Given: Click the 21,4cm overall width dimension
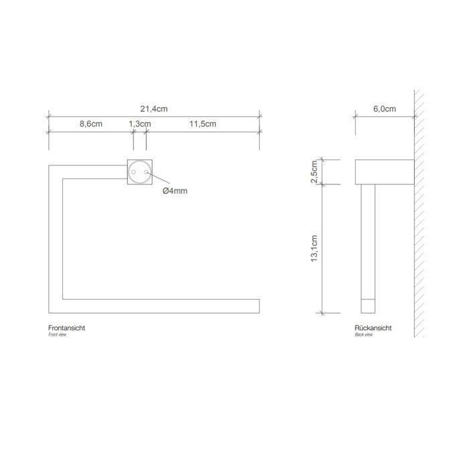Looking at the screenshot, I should [x=153, y=109].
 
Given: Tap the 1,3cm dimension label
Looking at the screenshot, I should [x=140, y=124].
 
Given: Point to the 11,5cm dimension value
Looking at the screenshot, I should [x=202, y=124].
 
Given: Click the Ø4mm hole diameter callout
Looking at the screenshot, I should [x=175, y=191].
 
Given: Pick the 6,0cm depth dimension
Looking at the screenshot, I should [x=385, y=109].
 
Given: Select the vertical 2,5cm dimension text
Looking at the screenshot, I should [x=314, y=172].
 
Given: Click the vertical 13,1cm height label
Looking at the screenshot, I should [x=314, y=249].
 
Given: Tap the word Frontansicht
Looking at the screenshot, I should [x=66, y=328].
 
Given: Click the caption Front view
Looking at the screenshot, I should [x=58, y=334].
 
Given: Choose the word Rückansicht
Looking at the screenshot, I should [x=373, y=328].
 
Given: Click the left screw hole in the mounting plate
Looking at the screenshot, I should [x=134, y=173].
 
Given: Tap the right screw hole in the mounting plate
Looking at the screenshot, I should [x=146, y=173].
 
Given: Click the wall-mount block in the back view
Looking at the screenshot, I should [x=384, y=172].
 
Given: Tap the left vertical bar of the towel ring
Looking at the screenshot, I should [x=56, y=234].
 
